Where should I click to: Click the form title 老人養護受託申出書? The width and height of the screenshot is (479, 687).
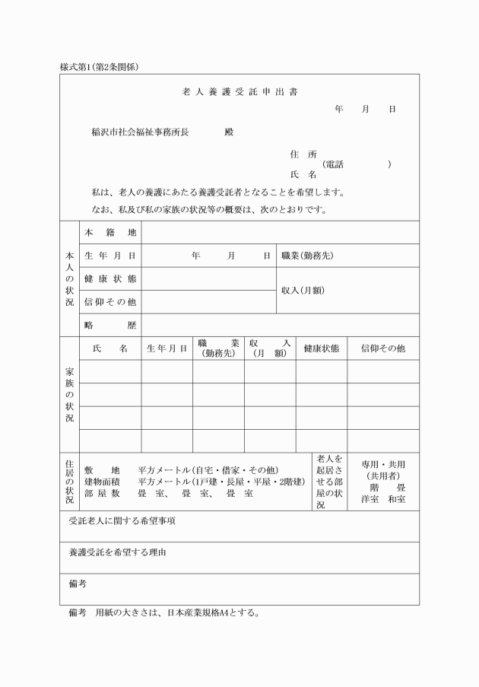pyautogui.click(x=239, y=92)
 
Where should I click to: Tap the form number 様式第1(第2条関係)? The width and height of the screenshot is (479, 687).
pyautogui.click(x=98, y=67)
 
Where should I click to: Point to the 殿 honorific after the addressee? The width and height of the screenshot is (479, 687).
pyautogui.click(x=229, y=132)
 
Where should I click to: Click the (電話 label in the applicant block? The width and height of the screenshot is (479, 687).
pyautogui.click(x=332, y=164)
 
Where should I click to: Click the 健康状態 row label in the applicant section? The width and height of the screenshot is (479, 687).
pyautogui.click(x=110, y=278)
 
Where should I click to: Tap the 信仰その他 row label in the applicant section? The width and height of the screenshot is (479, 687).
pyautogui.click(x=110, y=302)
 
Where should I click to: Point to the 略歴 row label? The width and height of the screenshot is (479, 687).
pyautogui.click(x=110, y=325)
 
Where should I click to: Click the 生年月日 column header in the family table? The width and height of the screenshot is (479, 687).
pyautogui.click(x=167, y=348)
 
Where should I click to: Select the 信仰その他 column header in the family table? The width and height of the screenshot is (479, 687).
pyautogui.click(x=382, y=348)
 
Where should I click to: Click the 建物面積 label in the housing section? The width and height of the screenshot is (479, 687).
pyautogui.click(x=102, y=482)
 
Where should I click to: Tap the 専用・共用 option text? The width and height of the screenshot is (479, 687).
pyautogui.click(x=382, y=464)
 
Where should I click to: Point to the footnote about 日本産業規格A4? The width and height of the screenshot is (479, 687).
pyautogui.click(x=163, y=613)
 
